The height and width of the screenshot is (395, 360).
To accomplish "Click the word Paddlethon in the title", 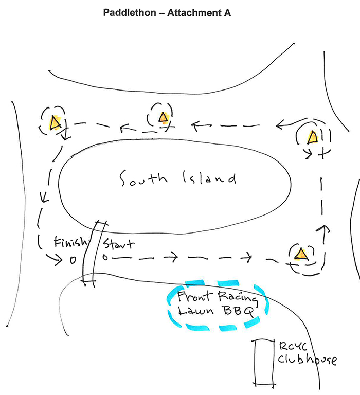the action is pyautogui.click(x=130, y=12).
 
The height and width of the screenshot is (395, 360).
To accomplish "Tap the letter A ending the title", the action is pyautogui.click(x=227, y=12).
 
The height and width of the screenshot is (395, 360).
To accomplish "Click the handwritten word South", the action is pyautogui.click(x=143, y=178).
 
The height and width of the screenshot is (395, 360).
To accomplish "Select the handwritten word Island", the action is pyautogui.click(x=209, y=177).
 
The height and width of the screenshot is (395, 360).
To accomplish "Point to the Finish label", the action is pyautogui.click(x=70, y=242).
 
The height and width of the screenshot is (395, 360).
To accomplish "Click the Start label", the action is pyautogui.click(x=118, y=244).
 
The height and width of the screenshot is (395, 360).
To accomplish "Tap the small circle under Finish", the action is pyautogui.click(x=73, y=260).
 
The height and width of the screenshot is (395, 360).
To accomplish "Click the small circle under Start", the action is pyautogui.click(x=105, y=258).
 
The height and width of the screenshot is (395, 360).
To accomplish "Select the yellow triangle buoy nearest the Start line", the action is pyautogui.click(x=301, y=254).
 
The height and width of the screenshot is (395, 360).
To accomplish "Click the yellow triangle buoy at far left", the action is pyautogui.click(x=55, y=123).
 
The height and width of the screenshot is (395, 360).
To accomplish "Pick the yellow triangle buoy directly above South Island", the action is pyautogui.click(x=163, y=117).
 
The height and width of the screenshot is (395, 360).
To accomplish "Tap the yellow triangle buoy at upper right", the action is pyautogui.click(x=313, y=137).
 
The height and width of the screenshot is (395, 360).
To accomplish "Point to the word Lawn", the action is pyautogui.click(x=196, y=310).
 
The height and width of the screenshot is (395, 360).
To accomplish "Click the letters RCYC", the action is pyautogui.click(x=293, y=346).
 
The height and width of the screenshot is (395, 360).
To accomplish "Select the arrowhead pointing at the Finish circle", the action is pyautogui.click(x=58, y=259).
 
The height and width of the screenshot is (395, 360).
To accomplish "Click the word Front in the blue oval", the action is pyautogui.click(x=194, y=296).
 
